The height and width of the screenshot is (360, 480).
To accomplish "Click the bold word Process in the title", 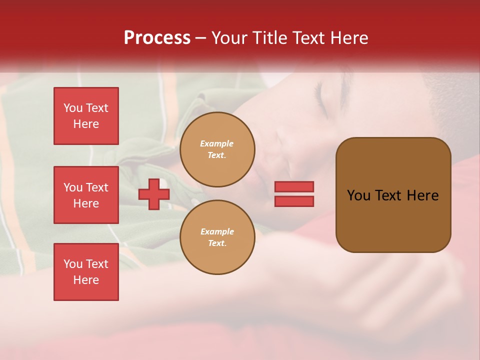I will (x=157, y=38).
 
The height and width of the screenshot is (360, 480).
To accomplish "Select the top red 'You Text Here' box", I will (x=86, y=116).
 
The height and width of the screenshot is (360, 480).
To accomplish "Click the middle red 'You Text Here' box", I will (x=86, y=195).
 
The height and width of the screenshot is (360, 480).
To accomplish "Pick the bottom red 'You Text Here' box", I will (x=86, y=272).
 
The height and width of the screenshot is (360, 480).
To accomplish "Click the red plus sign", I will (x=154, y=194).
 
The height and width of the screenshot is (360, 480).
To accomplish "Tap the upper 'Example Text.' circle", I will (x=217, y=149).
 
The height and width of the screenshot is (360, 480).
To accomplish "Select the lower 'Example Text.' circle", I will (x=217, y=237).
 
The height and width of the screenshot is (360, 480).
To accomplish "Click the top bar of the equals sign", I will (x=294, y=186).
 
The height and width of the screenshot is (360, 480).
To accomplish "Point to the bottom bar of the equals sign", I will (x=294, y=201).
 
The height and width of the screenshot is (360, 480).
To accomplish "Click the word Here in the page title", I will (x=349, y=38).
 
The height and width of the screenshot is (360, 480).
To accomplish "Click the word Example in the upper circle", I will (x=216, y=143).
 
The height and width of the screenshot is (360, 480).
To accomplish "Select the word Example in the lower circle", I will (x=217, y=231).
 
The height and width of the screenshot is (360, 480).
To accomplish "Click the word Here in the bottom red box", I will (x=86, y=280).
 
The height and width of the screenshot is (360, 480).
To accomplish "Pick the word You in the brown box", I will (x=358, y=195).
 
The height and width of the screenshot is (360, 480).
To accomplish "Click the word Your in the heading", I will (x=230, y=38).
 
